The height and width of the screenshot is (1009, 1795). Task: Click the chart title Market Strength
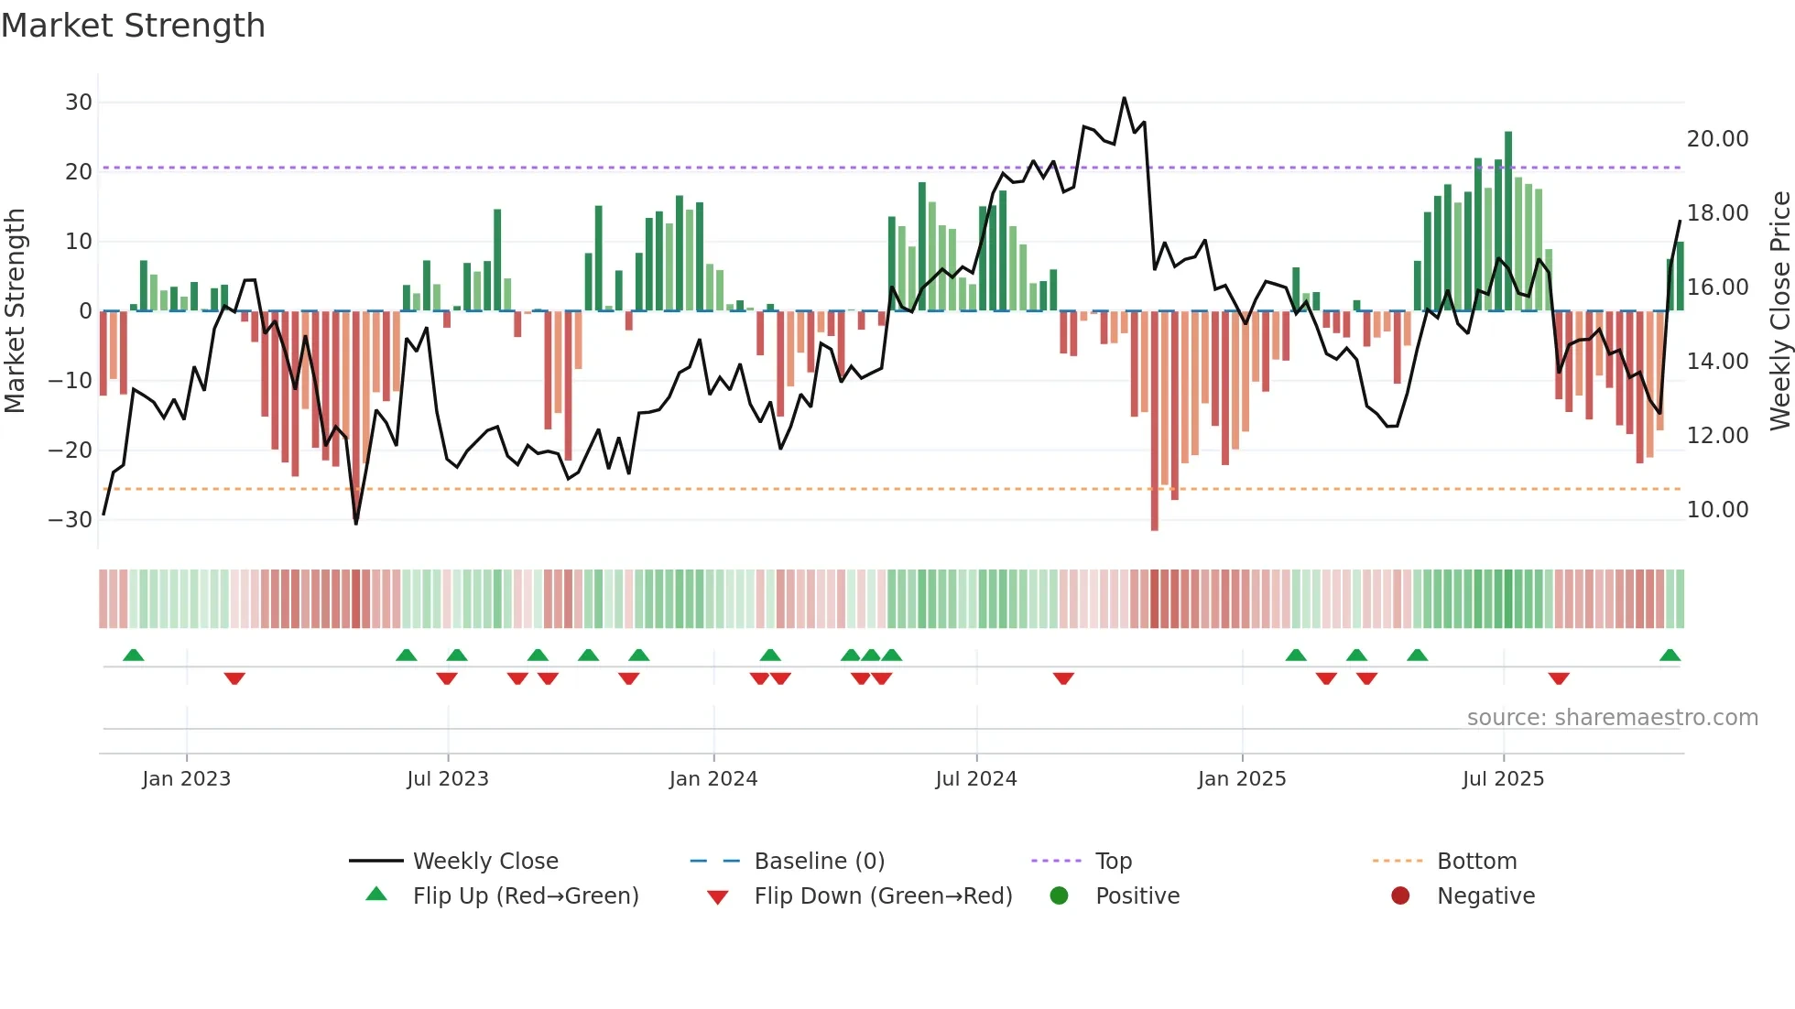[x=133, y=26]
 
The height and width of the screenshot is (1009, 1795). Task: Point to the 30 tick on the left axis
[x=79, y=103]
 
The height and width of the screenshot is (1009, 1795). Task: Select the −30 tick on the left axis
[x=71, y=520]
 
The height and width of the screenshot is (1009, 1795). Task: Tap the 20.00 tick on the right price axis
[x=1717, y=139]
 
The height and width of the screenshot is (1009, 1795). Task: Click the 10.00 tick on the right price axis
[x=1717, y=510]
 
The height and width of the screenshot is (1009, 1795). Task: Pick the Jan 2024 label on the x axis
[x=713, y=779]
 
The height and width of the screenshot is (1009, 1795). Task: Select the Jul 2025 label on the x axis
[x=1503, y=779]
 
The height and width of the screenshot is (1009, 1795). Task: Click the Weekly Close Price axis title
[x=1779, y=311]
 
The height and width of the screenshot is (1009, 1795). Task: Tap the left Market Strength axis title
[x=16, y=311]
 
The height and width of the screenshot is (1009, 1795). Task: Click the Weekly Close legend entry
[x=485, y=862]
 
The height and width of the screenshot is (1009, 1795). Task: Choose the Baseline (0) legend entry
[x=819, y=862]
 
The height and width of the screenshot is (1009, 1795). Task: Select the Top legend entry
[x=1114, y=862]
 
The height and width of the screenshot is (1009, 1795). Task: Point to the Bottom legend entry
[x=1476, y=862]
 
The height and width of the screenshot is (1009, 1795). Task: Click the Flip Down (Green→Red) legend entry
[x=883, y=896]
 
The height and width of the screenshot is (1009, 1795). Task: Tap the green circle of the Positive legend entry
[x=1060, y=896]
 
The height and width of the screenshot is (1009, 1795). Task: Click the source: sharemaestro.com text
[x=1612, y=718]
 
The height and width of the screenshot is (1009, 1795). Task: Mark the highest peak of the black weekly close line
[x=1124, y=98]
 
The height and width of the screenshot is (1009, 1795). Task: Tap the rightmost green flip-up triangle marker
[x=1670, y=656]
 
